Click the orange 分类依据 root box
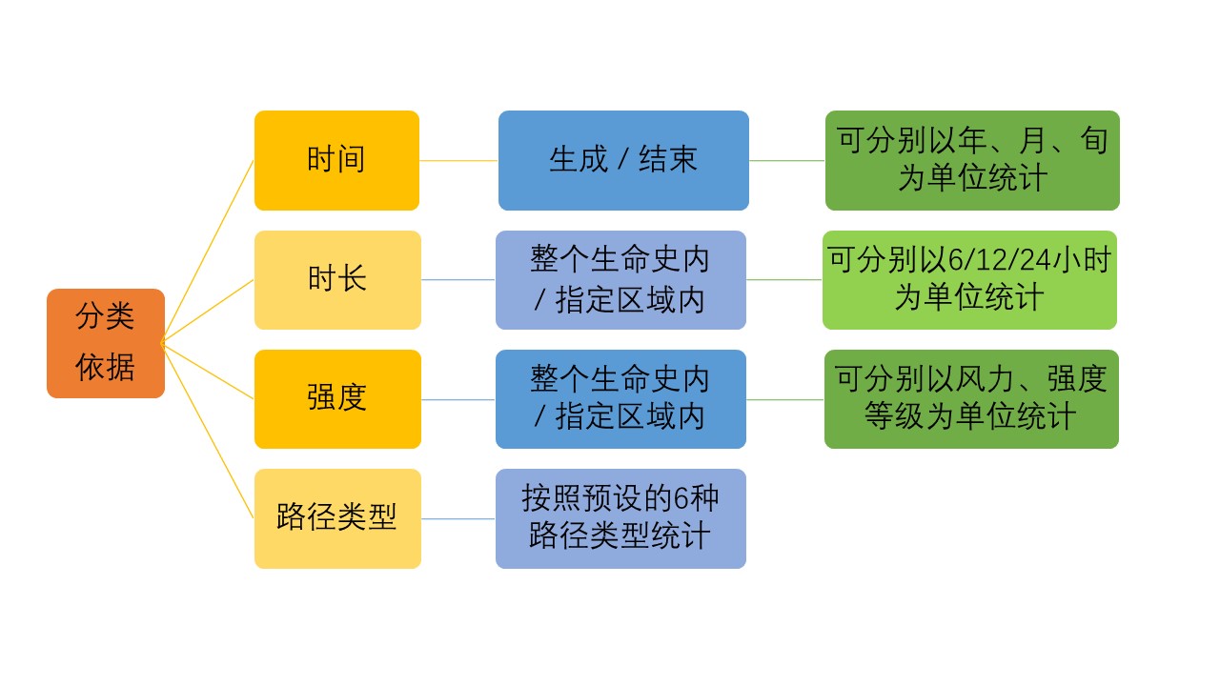coord(106,343)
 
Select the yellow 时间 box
coord(336,160)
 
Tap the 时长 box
coord(337,280)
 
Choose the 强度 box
coord(337,399)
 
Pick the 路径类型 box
coord(337,518)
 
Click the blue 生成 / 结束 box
coord(623,160)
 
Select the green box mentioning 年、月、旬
coord(972,160)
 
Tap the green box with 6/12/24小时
coord(969,280)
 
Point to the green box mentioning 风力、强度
coord(971,399)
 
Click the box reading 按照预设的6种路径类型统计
coord(620,518)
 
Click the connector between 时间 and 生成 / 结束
coord(458,161)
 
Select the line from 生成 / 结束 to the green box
coord(787,161)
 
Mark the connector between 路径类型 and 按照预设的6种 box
coord(458,519)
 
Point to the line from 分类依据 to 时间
coord(208,252)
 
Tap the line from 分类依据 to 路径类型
coord(208,432)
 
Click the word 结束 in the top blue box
coord(668,159)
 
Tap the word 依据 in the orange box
coord(105,367)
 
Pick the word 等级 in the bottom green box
coord(894,416)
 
